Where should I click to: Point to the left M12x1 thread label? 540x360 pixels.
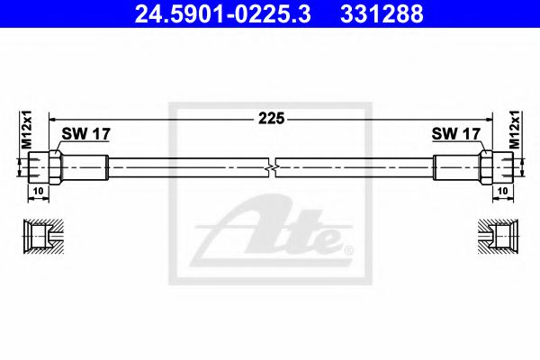[x=26, y=130]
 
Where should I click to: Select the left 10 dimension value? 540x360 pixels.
[x=37, y=192]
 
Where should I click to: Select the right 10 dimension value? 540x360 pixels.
[x=503, y=192]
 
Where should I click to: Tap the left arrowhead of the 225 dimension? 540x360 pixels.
[x=52, y=117]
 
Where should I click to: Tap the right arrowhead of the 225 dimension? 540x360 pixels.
[x=488, y=117]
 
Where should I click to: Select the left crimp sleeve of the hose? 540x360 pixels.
[x=85, y=167]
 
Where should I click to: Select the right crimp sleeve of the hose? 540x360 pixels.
[x=454, y=167]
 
